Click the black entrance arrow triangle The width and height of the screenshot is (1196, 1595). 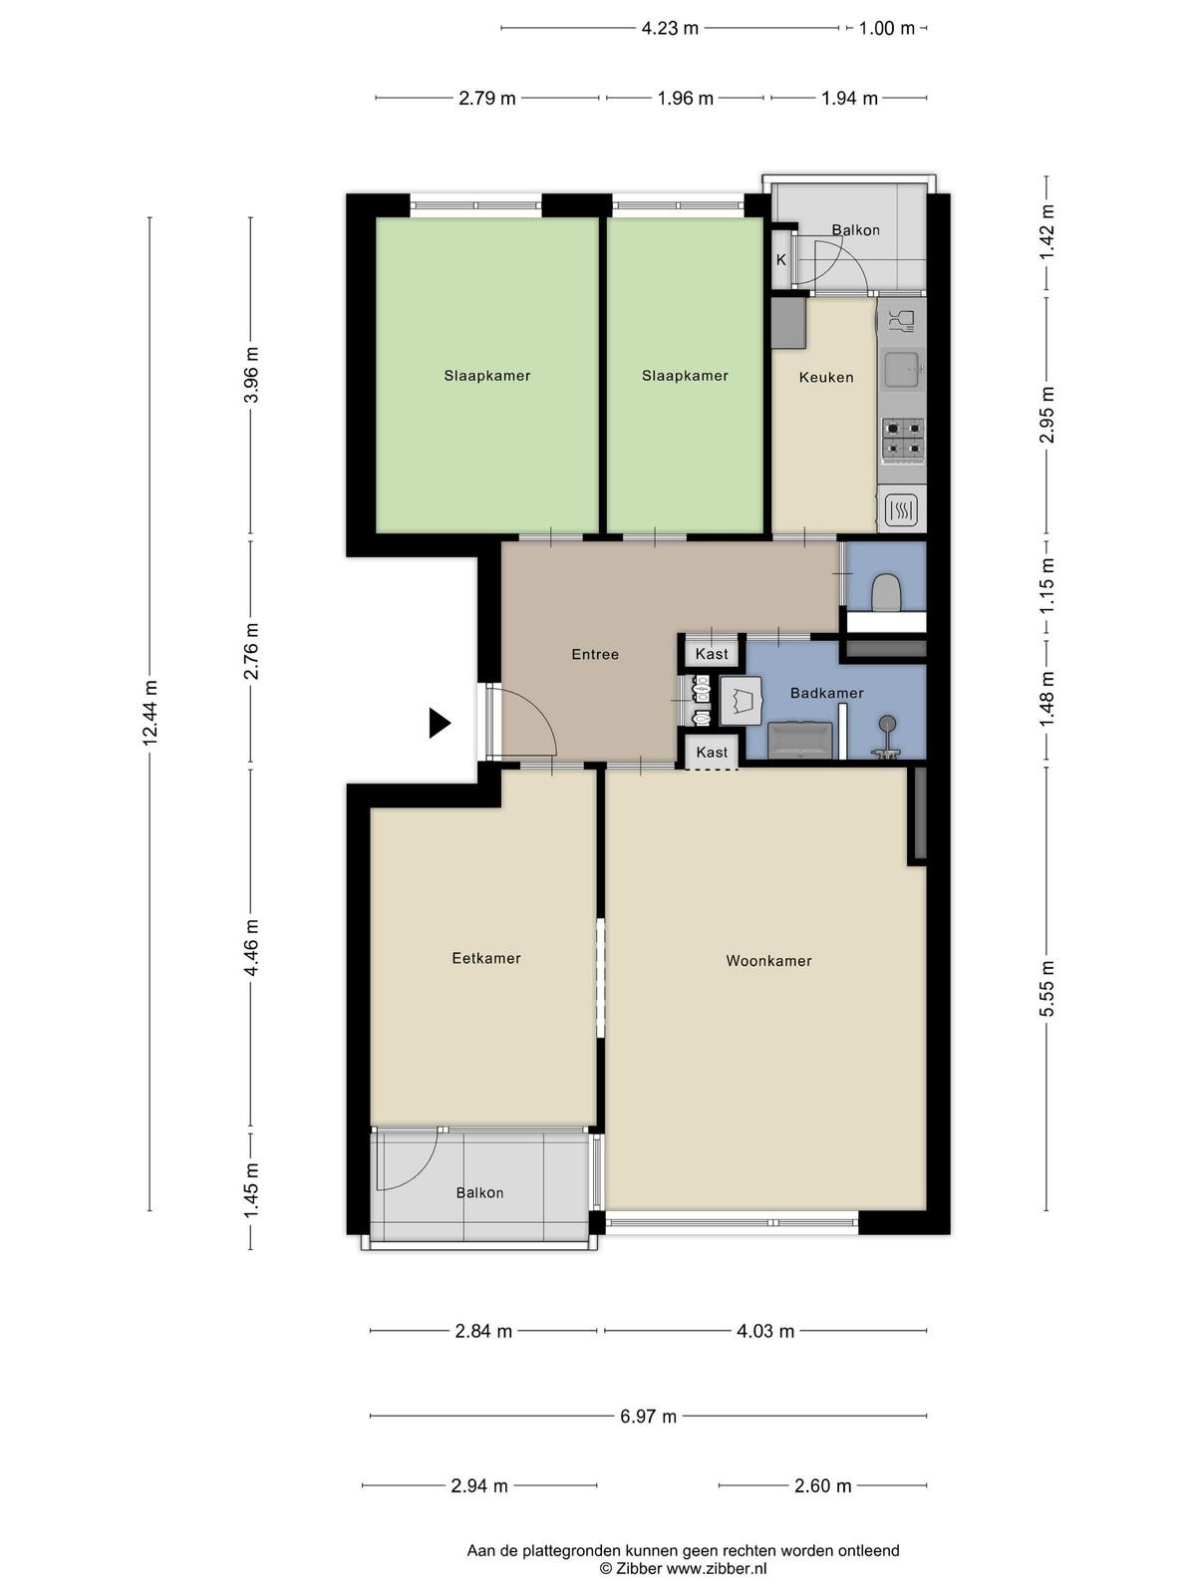(439, 723)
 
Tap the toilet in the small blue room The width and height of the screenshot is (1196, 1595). (886, 592)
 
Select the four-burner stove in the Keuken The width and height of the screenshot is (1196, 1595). (903, 440)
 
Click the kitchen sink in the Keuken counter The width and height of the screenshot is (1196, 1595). (903, 369)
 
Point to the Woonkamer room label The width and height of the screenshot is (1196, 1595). (768, 961)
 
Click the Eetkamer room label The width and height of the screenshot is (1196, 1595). (485, 958)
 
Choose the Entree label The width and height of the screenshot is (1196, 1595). (595, 654)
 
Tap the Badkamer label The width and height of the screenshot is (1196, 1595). (826, 693)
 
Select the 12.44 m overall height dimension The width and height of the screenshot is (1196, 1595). (150, 713)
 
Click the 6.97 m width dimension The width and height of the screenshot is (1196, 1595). (648, 1416)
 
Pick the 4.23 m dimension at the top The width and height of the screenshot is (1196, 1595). (670, 28)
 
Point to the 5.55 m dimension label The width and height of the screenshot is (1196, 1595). (1046, 988)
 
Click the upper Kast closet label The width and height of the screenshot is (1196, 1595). (711, 653)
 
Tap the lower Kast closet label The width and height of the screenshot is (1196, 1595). (711, 752)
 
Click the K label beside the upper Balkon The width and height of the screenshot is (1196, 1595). (780, 259)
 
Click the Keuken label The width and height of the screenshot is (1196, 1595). (825, 377)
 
